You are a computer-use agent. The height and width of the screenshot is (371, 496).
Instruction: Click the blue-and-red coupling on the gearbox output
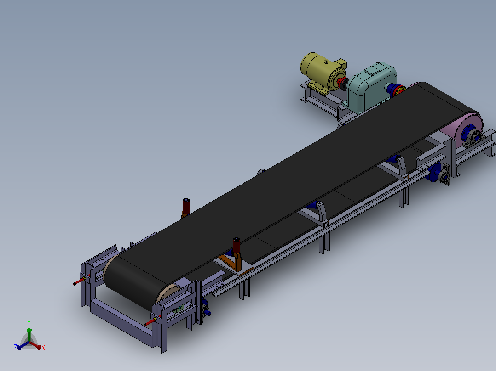396,90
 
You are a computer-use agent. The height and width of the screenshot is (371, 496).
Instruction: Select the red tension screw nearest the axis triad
150,322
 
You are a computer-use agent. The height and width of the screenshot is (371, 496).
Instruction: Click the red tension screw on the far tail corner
80,281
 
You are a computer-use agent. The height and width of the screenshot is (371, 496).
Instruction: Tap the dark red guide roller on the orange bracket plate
236,246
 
